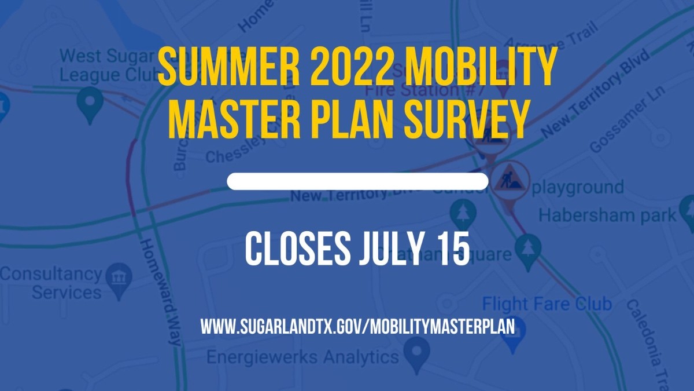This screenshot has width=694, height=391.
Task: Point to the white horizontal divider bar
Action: pyautogui.click(x=357, y=181)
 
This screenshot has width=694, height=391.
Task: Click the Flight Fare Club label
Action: pyautogui.click(x=547, y=304)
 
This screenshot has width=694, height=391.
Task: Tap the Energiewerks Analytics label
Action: pyautogui.click(x=302, y=356)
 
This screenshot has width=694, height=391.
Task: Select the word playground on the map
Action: pyautogui.click(x=577, y=188)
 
